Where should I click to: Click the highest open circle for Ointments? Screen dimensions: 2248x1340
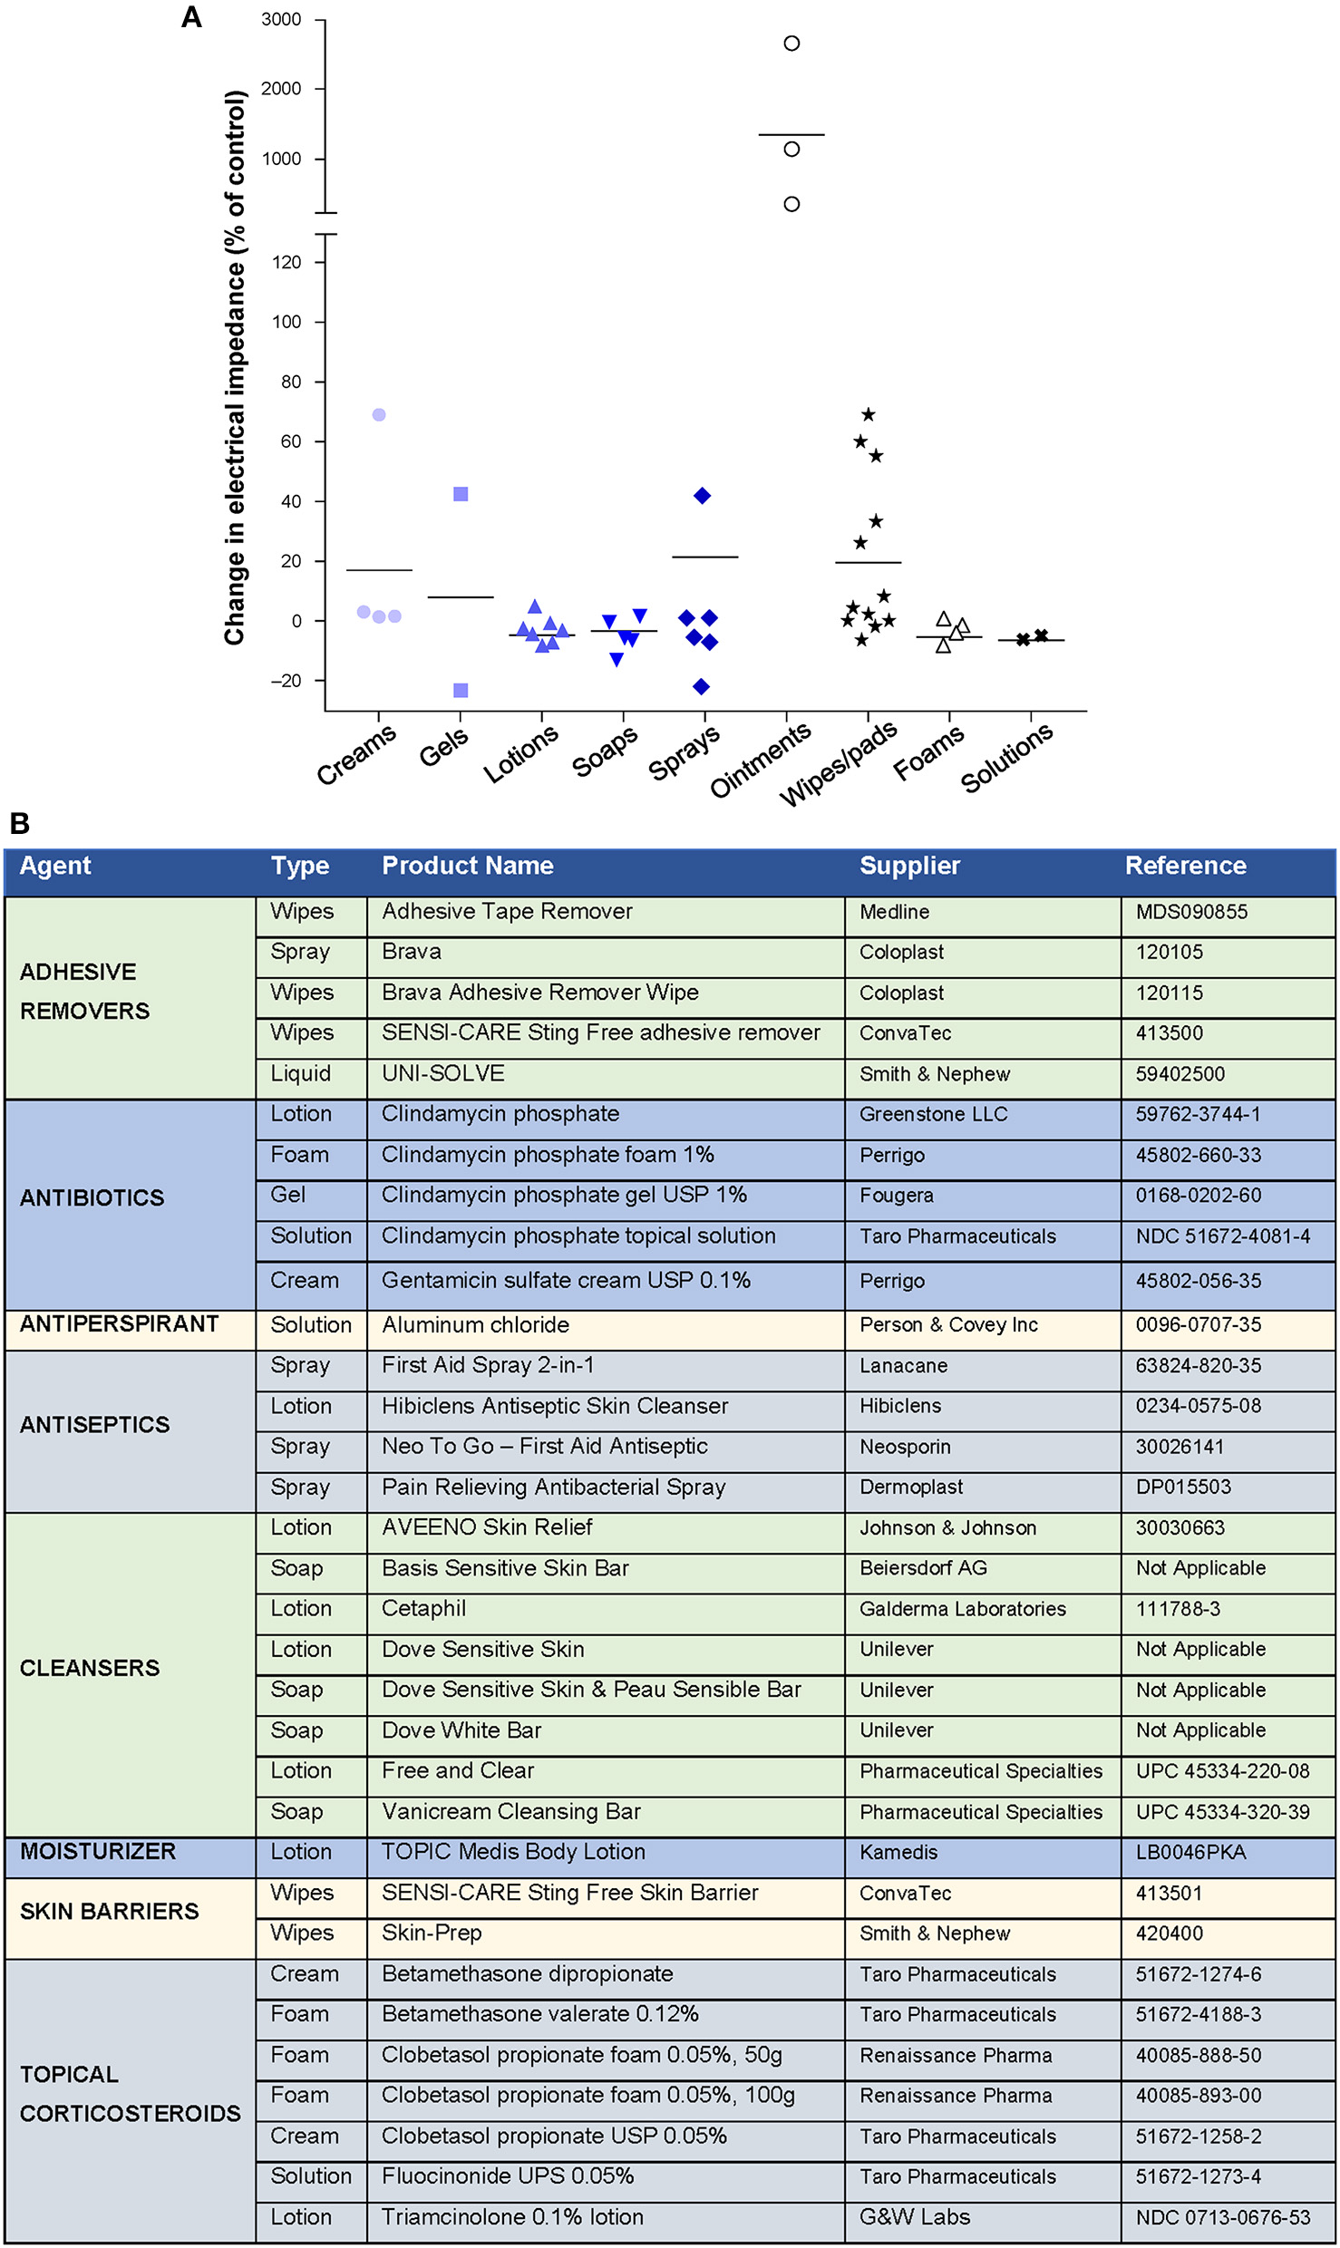coord(791,44)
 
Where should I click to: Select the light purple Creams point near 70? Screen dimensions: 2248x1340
coord(379,415)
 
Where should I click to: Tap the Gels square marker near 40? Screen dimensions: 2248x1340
coord(461,494)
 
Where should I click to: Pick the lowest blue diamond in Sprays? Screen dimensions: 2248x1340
coord(701,687)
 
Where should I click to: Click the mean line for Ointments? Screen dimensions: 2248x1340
coord(791,135)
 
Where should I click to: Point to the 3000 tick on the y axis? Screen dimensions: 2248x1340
coord(281,19)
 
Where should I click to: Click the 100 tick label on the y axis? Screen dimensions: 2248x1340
coord(286,322)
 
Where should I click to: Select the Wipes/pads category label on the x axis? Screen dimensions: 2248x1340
coord(839,764)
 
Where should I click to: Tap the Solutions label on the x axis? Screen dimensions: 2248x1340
coord(1006,758)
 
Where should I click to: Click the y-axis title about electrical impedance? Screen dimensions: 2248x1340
coord(235,367)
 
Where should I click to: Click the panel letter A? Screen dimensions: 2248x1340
coord(191,17)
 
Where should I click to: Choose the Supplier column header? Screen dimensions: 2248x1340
coord(909,866)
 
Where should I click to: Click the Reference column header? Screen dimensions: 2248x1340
coord(1185,866)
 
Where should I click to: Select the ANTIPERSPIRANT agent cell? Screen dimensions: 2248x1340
coord(119,1324)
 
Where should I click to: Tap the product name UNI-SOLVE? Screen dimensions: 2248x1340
coord(442,1073)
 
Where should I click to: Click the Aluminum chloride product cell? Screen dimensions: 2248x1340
coord(475,1325)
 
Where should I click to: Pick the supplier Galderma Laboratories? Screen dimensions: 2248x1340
coord(962,1609)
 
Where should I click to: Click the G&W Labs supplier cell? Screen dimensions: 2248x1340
coord(914,2217)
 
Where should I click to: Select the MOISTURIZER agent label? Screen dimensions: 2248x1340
coord(98,1852)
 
